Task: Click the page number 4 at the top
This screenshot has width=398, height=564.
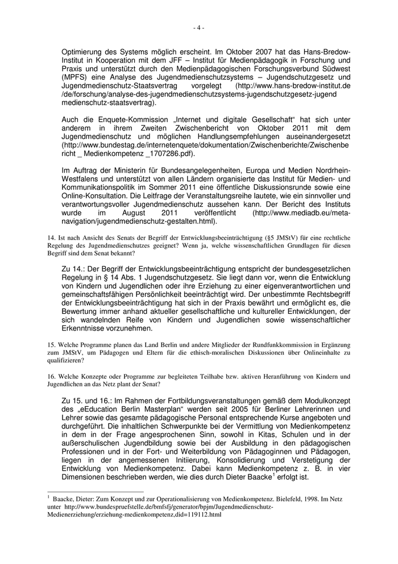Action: [198, 27]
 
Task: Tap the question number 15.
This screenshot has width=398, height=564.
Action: [50, 345]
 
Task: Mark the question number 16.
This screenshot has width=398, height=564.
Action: [50, 376]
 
